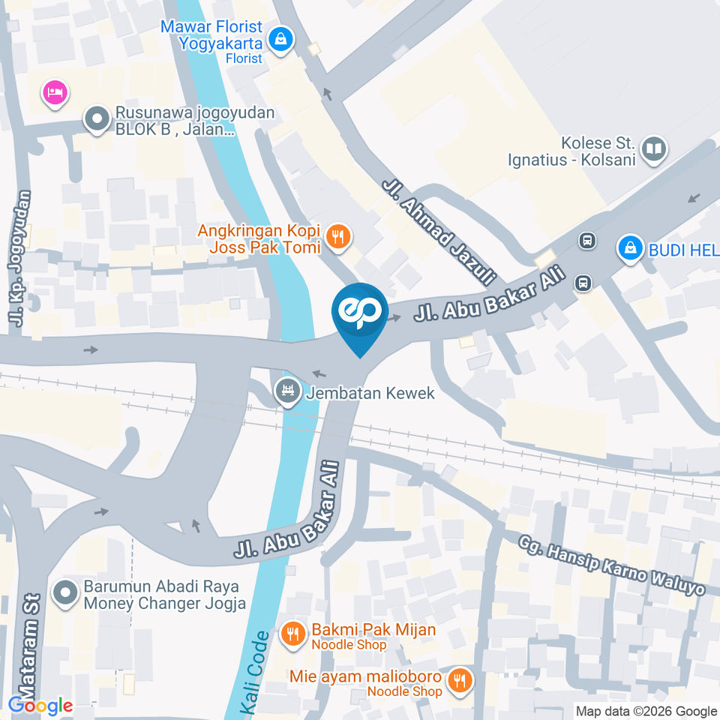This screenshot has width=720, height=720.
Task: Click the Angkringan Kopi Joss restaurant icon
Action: pyautogui.click(x=339, y=237)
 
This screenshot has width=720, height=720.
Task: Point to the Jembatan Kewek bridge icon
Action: pyautogui.click(x=286, y=391)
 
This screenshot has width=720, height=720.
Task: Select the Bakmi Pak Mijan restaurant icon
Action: pyautogui.click(x=292, y=634)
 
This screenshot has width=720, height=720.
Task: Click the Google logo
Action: pyautogui.click(x=40, y=705)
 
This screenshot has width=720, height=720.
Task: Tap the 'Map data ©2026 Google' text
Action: pyautogui.click(x=646, y=711)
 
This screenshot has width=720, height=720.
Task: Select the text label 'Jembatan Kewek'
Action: pyautogui.click(x=370, y=392)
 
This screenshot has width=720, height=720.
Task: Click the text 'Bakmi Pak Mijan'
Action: pyautogui.click(x=373, y=629)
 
